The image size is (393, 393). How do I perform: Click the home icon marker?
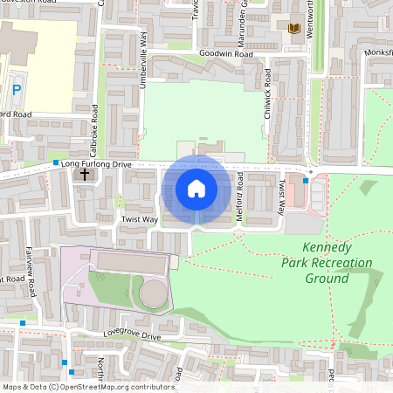(x=196, y=188)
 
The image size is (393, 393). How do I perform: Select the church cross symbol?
(x=85, y=175)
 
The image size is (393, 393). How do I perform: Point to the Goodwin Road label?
(x=225, y=54)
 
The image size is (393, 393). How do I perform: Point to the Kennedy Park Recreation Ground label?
(x=327, y=263)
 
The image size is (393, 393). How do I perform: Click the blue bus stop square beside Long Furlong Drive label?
(x=56, y=162)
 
